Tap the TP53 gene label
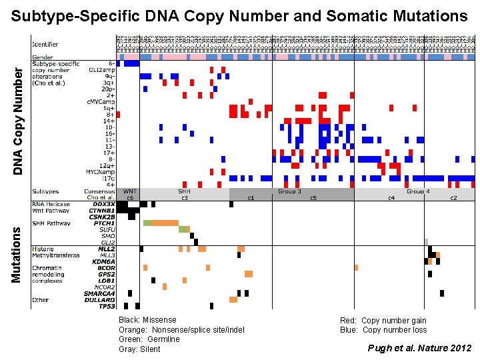[x=107, y=306]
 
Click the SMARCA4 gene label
[x=100, y=293]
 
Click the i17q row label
[x=108, y=178]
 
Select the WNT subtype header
[x=129, y=191]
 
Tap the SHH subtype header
[x=184, y=191]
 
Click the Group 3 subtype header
[x=290, y=191]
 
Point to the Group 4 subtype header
[x=418, y=191]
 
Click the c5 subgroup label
[x=313, y=198]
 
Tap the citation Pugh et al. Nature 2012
[x=419, y=348]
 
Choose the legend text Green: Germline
[x=149, y=339]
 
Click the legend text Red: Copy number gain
[x=383, y=321]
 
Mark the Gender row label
[x=44, y=57]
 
